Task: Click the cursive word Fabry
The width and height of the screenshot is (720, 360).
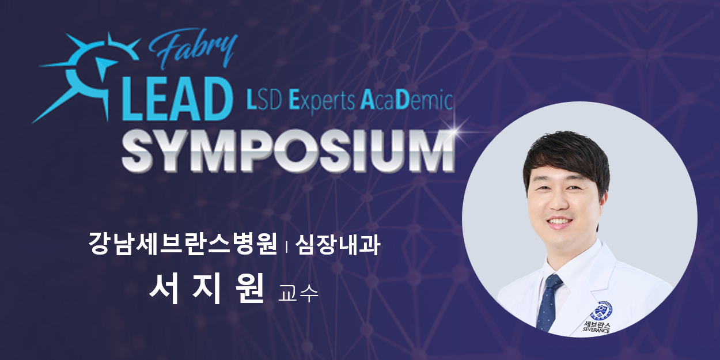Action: point(193,50)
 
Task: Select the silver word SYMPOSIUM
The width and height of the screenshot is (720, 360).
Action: point(288,153)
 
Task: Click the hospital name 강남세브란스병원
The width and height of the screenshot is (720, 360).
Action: point(182,244)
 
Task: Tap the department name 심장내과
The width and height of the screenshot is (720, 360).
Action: point(338,244)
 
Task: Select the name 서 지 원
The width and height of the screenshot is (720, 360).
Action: point(206,289)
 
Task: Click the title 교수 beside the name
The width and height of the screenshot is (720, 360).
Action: point(298,293)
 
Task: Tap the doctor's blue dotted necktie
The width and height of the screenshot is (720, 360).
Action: point(549,302)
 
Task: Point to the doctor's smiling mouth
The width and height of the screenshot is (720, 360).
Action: point(560,222)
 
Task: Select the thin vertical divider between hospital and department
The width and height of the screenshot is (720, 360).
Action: point(286,247)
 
